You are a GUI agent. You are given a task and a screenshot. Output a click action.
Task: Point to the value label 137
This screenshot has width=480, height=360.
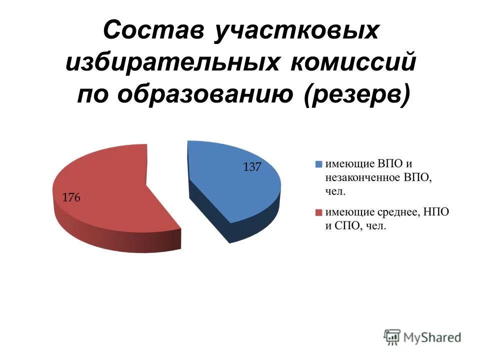[x=252, y=167]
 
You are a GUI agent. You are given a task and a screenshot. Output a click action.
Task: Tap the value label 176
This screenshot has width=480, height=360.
[x=71, y=198]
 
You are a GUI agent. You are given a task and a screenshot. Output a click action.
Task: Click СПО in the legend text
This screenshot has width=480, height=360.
[x=345, y=226]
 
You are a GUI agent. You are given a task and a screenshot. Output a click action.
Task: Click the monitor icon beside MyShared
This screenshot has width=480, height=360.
[x=392, y=336]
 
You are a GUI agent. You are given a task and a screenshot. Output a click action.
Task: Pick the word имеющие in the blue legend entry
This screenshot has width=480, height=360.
[x=348, y=163]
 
